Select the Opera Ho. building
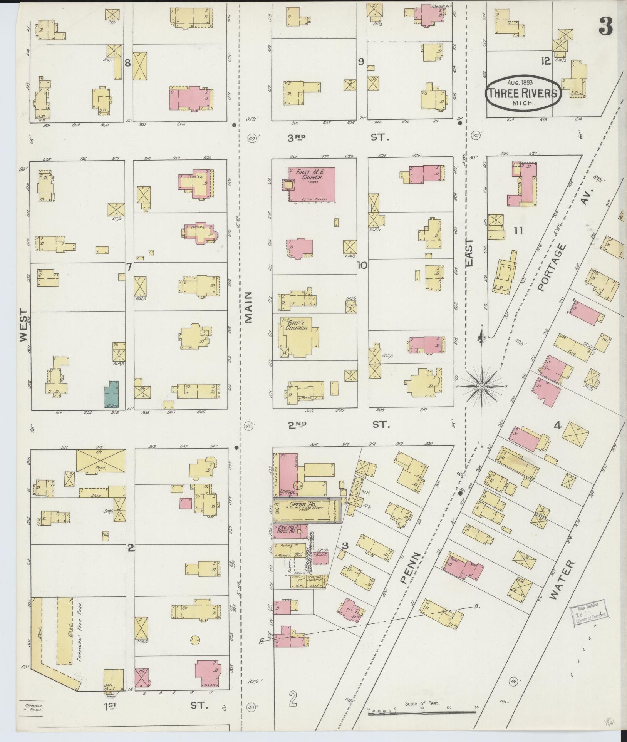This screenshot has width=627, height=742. pyautogui.click(x=304, y=511)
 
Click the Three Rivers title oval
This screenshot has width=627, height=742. pyautogui.click(x=523, y=93)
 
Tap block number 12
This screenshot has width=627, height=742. pyautogui.click(x=545, y=61)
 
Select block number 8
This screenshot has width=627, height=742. pyautogui.click(x=128, y=64)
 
